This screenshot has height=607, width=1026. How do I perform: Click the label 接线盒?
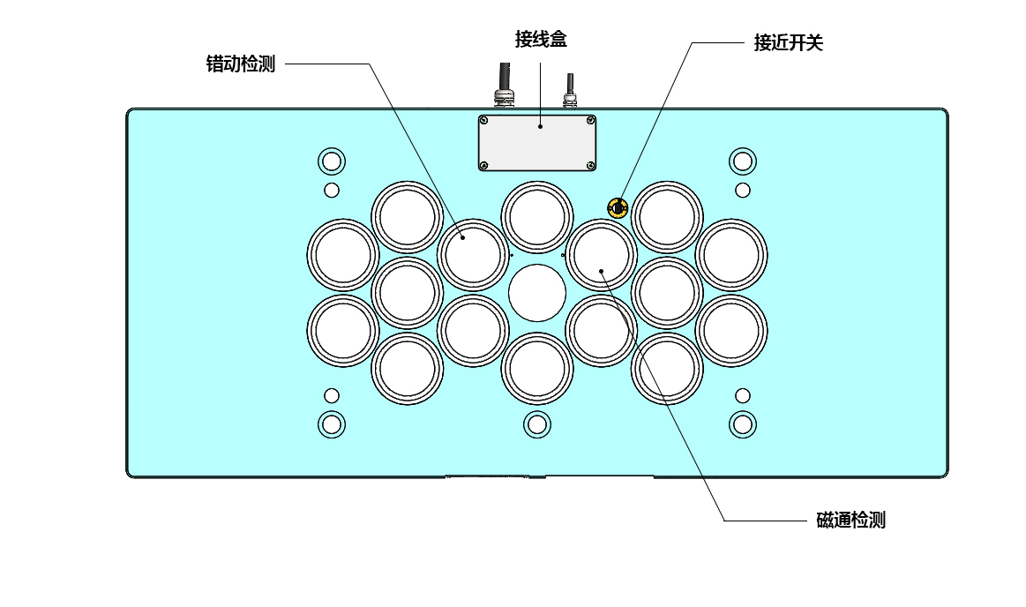pos(541,40)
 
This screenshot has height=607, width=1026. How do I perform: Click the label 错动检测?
pos(241,64)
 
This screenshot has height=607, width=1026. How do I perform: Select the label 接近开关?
pos(788,42)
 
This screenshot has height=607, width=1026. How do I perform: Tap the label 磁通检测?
pos(850,520)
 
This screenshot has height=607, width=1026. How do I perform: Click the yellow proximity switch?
pos(618,208)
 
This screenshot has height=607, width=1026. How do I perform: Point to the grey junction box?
pos(537,143)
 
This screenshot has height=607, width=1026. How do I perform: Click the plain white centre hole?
pos(537,293)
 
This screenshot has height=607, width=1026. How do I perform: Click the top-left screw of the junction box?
pos(484,120)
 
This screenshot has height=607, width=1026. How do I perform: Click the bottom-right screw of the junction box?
pos(591,165)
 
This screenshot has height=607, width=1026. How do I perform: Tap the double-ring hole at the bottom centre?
pos(536,424)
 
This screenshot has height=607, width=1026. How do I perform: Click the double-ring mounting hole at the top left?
pos(332,161)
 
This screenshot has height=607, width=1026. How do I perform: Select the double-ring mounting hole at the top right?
pos(743,161)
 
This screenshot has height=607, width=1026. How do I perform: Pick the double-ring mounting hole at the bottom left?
pos(332,424)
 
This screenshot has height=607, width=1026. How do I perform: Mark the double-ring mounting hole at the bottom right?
pos(743,424)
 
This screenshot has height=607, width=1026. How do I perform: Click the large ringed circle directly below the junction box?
pos(537,216)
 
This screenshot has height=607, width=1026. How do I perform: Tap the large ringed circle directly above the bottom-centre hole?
pos(537,368)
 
